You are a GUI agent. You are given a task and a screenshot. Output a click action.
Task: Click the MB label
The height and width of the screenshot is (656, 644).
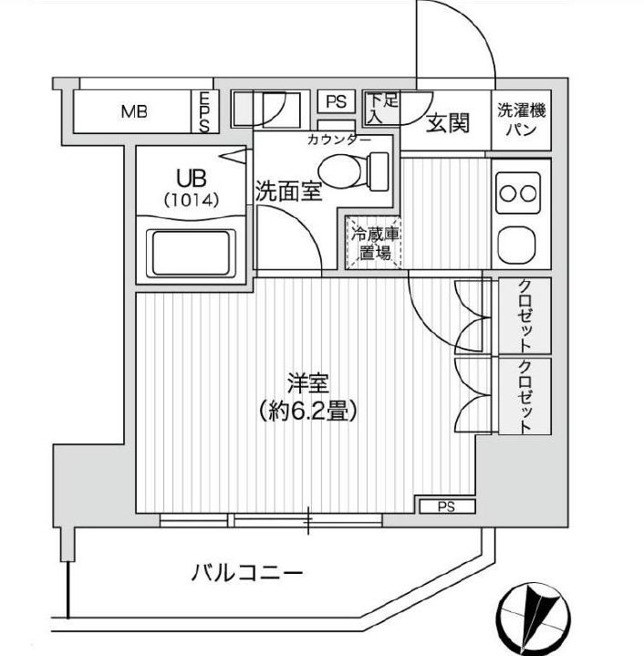click(x=134, y=113)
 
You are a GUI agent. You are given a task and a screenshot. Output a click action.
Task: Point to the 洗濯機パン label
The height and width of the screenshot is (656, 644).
click(x=523, y=121)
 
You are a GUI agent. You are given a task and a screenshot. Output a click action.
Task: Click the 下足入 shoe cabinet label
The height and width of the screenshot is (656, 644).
click(x=383, y=108)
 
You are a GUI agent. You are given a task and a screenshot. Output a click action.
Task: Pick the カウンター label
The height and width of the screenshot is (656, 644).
click(x=338, y=141)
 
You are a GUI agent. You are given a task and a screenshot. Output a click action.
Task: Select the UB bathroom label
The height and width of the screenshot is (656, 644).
click(x=192, y=178)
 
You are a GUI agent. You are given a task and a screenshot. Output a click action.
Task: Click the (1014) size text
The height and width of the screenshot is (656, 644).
click(x=192, y=199)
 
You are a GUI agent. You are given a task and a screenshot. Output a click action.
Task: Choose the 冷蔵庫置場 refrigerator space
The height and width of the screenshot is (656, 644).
click(x=372, y=244)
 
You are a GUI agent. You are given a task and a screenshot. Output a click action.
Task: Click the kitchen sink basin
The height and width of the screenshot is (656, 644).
click(x=519, y=242)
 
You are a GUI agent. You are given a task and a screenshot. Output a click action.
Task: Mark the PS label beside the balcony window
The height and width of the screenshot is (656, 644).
click(x=446, y=506)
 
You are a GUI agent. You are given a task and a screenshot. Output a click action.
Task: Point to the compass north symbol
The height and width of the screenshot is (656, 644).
click(x=535, y=612)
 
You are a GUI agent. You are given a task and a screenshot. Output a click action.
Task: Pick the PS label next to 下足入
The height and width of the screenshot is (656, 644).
click(x=337, y=100)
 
